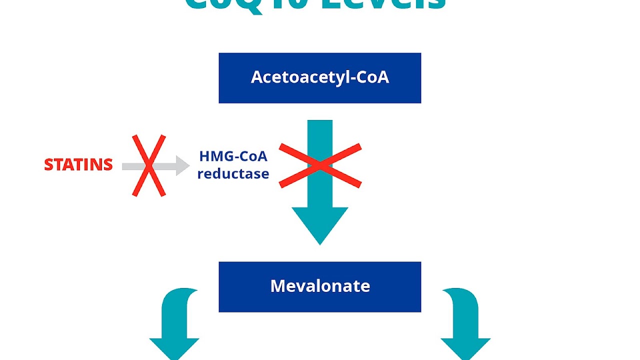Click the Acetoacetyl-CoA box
(319, 78)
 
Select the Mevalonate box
(319, 286)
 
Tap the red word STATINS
(78, 165)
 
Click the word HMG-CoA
(233, 156)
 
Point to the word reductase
(233, 174)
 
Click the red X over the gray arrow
(148, 165)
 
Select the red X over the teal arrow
(320, 165)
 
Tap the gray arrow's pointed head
(182, 165)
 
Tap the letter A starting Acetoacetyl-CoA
(256, 77)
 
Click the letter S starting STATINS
(49, 165)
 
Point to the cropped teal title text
(315, 5)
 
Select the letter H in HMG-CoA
(204, 156)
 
